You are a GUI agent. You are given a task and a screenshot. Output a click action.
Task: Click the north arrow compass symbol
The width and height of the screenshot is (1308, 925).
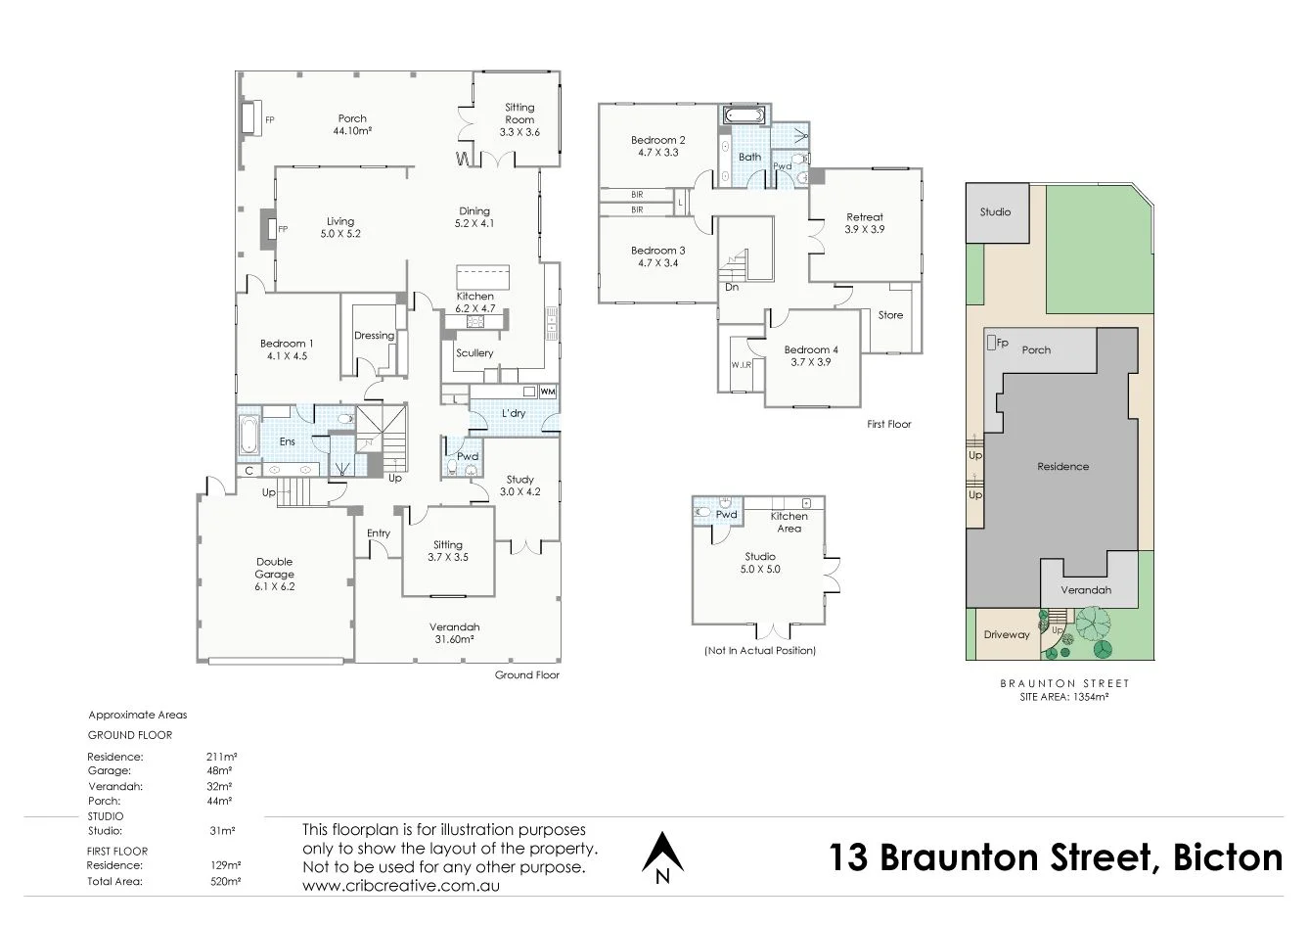pos(662,857)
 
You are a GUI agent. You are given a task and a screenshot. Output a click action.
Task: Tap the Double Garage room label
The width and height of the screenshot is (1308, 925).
pos(275,575)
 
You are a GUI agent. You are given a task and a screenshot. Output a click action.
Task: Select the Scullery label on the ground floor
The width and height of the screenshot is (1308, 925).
pos(474,352)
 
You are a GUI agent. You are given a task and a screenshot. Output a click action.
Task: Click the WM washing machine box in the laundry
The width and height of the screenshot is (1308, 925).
pos(547,392)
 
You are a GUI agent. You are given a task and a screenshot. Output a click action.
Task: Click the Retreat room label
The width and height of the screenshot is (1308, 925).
pos(864,223)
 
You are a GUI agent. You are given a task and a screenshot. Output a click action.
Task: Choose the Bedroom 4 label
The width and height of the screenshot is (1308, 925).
pos(811,355)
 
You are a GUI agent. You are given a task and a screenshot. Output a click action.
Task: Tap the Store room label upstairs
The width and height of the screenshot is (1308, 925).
pos(890,315)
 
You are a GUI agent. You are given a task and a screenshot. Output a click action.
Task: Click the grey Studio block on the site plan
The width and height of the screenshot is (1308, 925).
pos(996,212)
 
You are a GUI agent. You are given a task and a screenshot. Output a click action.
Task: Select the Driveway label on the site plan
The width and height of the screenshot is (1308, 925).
pos(1007,634)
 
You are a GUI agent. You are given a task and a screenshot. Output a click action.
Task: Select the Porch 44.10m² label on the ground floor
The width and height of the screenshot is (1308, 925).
pos(352,124)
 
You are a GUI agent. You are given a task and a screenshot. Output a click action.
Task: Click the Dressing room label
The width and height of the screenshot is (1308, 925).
pos(374,336)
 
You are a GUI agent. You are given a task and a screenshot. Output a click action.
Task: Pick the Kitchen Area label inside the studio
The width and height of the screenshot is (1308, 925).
pos(789,522)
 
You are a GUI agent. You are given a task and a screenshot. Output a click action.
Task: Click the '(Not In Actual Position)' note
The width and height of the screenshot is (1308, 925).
pos(759,650)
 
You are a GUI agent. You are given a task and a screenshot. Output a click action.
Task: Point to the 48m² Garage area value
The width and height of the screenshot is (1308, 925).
pos(221,770)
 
